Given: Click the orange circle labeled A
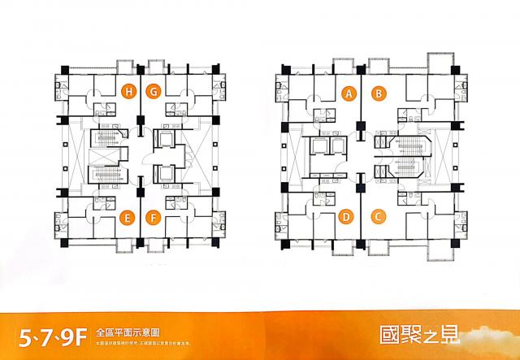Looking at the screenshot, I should pyautogui.click(x=349, y=93).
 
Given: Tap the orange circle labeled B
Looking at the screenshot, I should pyautogui.click(x=377, y=93).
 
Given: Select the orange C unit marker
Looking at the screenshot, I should pyautogui.click(x=377, y=216).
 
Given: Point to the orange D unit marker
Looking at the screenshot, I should pyautogui.click(x=346, y=216).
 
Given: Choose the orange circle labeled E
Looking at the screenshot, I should pyautogui.click(x=126, y=216).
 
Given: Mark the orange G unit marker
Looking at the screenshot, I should pyautogui.click(x=153, y=91).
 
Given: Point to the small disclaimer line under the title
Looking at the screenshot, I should pyautogui.click(x=146, y=342).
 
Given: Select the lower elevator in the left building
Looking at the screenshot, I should pyautogui.click(x=167, y=174).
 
